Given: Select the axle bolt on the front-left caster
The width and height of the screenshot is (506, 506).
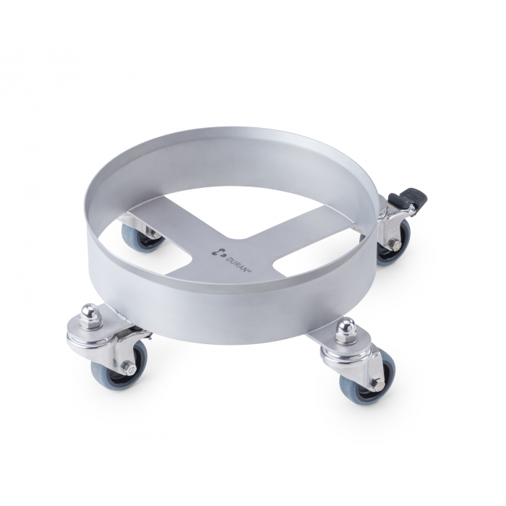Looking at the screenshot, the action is tap(129, 369).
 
